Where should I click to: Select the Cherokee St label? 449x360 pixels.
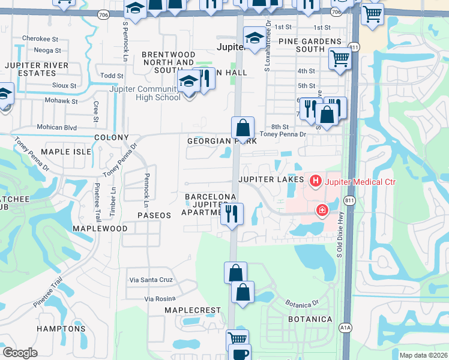40,38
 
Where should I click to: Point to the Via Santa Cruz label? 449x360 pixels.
151,280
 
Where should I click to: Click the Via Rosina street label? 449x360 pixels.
160,299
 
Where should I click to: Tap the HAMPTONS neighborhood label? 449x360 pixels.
61,329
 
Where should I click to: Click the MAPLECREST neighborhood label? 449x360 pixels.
193,310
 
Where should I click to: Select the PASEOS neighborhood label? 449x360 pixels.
154,214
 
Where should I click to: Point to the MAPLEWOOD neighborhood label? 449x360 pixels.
100,229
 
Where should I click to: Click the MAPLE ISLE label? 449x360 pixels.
65,152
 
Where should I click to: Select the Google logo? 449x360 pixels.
20,353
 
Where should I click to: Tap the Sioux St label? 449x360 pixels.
65,86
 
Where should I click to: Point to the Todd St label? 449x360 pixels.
112,76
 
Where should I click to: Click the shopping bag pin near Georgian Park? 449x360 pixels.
243,127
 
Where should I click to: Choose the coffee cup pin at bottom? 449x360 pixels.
240,354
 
